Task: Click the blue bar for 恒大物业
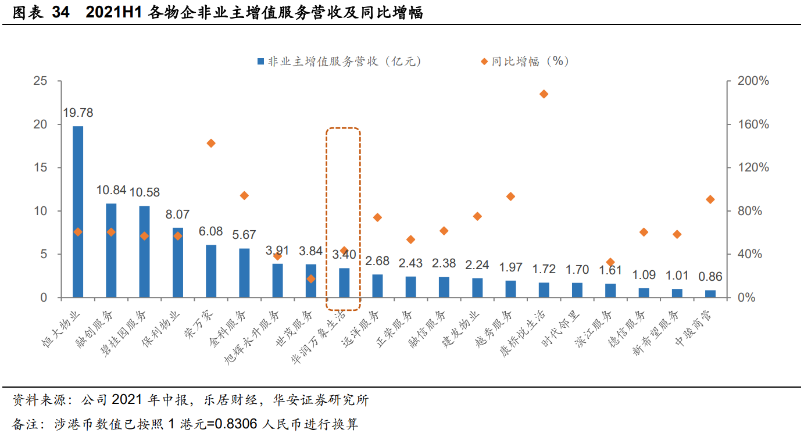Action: point(78,212)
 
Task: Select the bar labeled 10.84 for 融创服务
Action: point(111,251)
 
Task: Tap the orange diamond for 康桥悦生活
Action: point(544,94)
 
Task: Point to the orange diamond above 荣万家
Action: point(211,144)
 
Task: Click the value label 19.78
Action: point(78,113)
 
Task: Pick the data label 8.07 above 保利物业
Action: point(178,215)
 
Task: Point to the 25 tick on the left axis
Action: point(40,81)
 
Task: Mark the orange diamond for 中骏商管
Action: point(710,199)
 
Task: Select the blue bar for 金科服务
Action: point(244,273)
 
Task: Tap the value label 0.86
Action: point(710,277)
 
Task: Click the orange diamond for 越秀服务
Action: point(510,196)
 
